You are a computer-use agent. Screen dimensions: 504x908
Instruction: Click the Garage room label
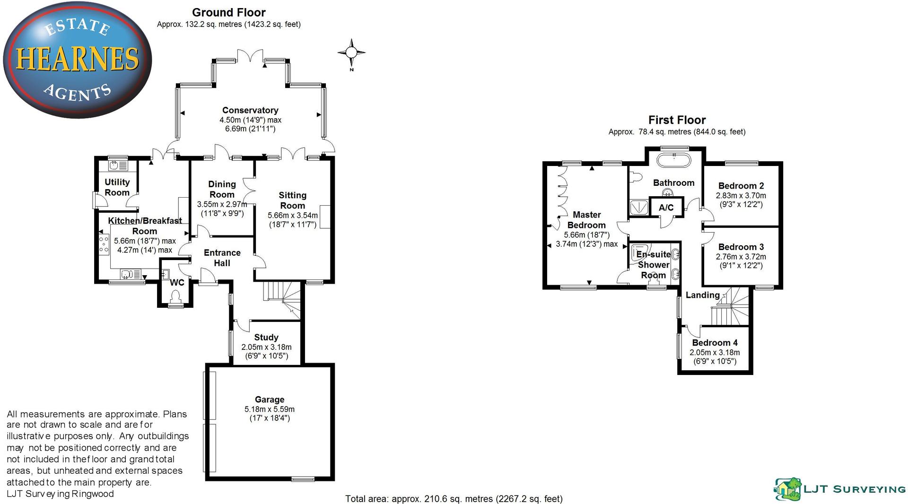[269, 400]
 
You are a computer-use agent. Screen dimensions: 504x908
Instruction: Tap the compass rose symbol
[351, 52]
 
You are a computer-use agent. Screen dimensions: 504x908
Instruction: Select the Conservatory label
[250, 110]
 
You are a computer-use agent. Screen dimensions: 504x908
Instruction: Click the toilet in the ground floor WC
[176, 296]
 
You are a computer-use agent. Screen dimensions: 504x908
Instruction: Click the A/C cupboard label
[666, 208]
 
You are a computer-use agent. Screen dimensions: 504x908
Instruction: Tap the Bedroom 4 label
[715, 343]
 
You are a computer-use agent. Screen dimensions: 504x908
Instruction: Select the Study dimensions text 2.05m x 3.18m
[266, 347]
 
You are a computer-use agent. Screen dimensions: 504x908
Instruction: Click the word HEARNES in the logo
[78, 59]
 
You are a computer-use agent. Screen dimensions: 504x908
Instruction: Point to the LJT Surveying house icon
[787, 488]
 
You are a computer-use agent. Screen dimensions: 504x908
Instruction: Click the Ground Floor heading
[228, 13]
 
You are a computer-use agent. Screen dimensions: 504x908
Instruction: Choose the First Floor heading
[677, 120]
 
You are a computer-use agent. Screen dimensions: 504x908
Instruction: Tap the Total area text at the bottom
[454, 499]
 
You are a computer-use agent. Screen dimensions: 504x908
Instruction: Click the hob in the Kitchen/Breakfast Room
[103, 245]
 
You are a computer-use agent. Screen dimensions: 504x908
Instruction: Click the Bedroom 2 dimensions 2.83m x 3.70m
[741, 195]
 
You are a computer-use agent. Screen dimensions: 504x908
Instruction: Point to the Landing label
[702, 295]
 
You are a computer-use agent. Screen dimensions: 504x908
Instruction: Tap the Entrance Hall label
[222, 258]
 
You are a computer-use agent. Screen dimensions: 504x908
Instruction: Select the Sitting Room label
[292, 200]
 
